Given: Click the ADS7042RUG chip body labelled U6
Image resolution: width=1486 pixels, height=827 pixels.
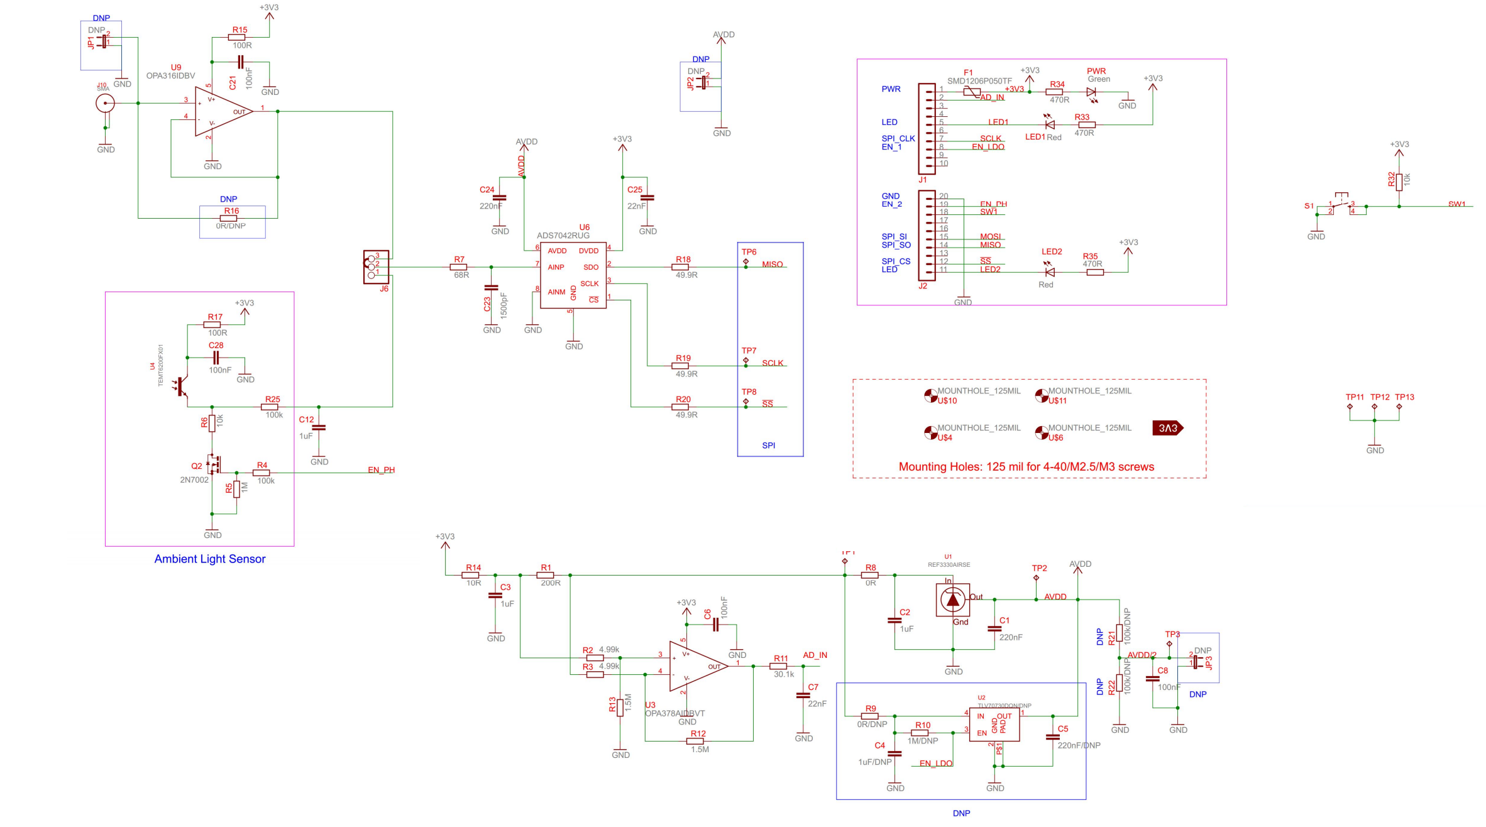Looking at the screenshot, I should [x=573, y=275].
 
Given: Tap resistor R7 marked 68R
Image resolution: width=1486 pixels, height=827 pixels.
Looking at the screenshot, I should [x=459, y=267].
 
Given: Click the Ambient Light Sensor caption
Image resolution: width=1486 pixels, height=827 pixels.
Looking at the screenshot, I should [x=210, y=559].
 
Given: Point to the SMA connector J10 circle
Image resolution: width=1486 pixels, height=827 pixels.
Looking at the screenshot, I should [x=105, y=103].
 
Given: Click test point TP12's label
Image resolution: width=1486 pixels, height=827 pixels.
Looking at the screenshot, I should [x=1380, y=397].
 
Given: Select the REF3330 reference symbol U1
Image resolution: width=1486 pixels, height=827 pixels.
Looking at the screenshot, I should [x=952, y=600].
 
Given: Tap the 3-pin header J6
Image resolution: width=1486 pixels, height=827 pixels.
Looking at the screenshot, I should [x=375, y=266].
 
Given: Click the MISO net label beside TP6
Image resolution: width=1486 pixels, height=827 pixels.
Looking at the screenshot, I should [x=772, y=265].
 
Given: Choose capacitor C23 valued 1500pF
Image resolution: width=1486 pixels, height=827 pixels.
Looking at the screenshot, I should [x=491, y=288].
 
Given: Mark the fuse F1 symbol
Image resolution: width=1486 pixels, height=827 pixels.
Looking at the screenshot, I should [x=971, y=92].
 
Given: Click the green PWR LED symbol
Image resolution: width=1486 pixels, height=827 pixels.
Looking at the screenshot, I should [x=1091, y=92].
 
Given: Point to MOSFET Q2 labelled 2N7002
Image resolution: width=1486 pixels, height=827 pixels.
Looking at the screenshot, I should [x=214, y=464].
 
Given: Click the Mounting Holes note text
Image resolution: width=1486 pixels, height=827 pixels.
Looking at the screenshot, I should [x=1026, y=467].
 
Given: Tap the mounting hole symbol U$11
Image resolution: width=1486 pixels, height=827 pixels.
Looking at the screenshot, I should [x=1041, y=395].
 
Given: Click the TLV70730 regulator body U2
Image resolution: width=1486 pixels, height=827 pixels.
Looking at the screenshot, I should [x=993, y=725].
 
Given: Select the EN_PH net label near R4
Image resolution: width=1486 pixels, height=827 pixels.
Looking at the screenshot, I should [x=381, y=470].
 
